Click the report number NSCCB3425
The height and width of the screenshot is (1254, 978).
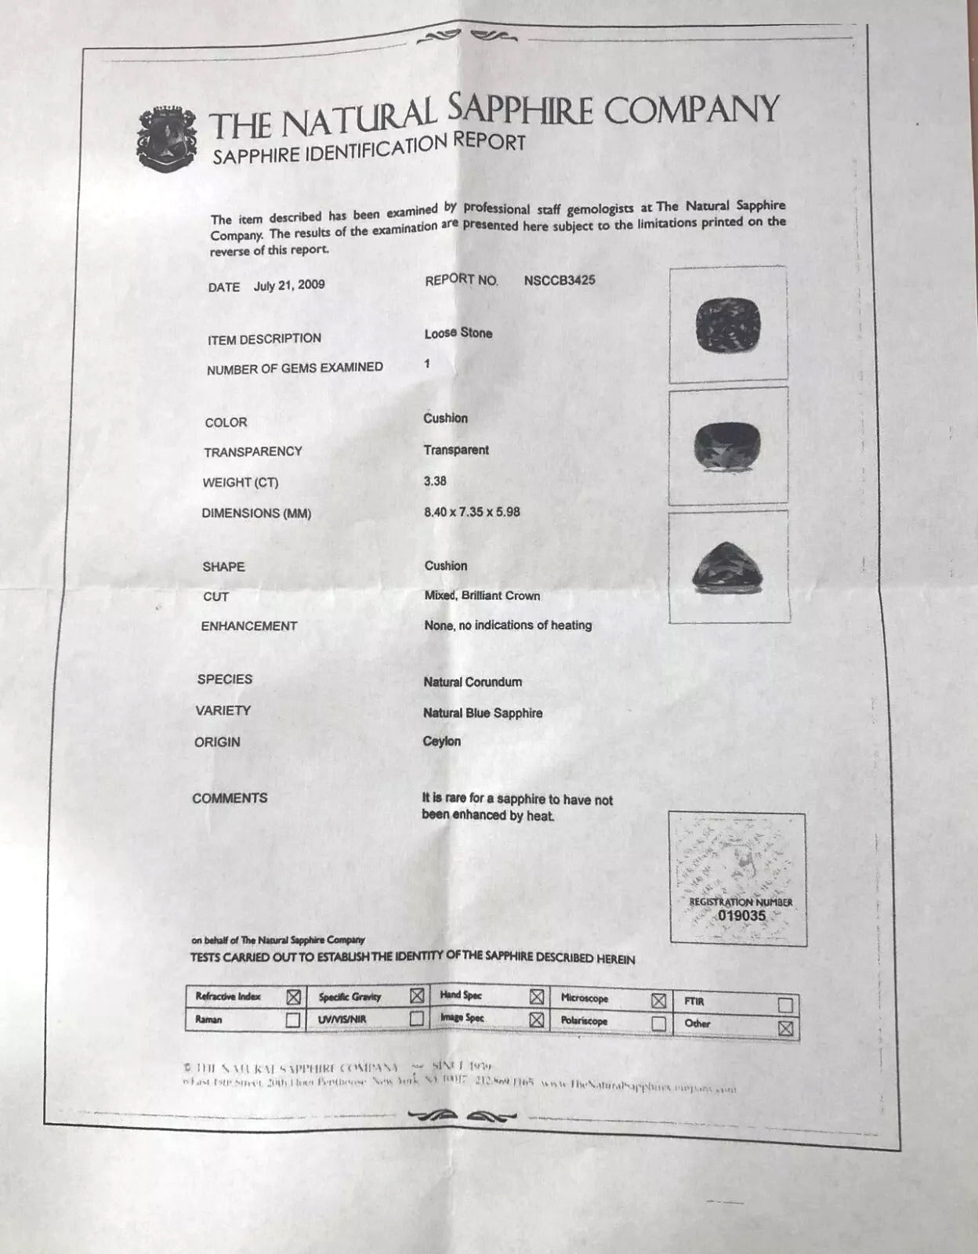pyautogui.click(x=560, y=280)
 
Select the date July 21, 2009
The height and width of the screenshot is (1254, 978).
pyautogui.click(x=289, y=285)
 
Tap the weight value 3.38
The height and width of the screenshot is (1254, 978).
pyautogui.click(x=435, y=481)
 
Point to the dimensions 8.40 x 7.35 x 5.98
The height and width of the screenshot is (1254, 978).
pyautogui.click(x=472, y=512)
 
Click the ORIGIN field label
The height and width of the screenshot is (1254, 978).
pyautogui.click(x=217, y=741)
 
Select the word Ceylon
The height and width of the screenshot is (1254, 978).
pyautogui.click(x=442, y=741)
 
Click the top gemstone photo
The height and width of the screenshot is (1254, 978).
pyautogui.click(x=730, y=325)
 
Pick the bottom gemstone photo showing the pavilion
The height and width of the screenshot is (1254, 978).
pyautogui.click(x=729, y=567)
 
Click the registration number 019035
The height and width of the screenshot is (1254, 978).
pyautogui.click(x=741, y=915)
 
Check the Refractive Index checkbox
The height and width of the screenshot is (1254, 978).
pyautogui.click(x=293, y=997)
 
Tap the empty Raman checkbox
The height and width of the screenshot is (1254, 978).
pyautogui.click(x=292, y=1020)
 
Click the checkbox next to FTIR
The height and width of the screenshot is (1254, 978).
pyautogui.click(x=785, y=1005)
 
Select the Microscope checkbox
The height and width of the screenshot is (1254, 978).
pyautogui.click(x=658, y=1000)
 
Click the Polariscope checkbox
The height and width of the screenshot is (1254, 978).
pyautogui.click(x=658, y=1023)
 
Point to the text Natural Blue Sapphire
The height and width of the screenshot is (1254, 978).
pyautogui.click(x=483, y=713)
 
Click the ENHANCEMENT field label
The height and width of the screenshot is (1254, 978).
pyautogui.click(x=249, y=626)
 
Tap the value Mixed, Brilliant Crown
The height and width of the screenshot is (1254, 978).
pyautogui.click(x=482, y=596)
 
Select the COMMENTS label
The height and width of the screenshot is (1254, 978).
pyautogui.click(x=230, y=799)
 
